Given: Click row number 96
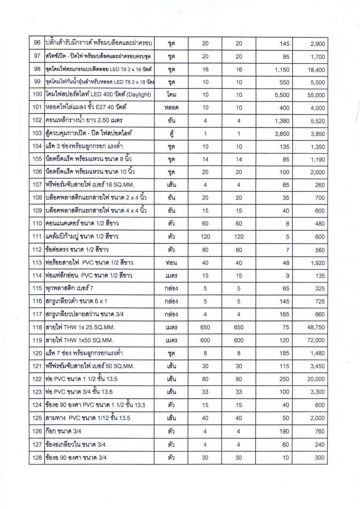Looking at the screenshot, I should pos(37,43).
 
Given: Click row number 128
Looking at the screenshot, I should pos(37,458).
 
